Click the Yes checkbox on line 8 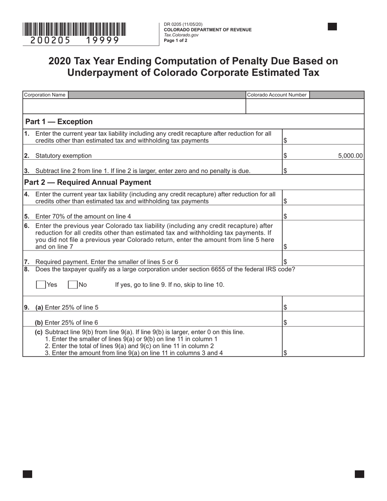pyautogui.click(x=41, y=285)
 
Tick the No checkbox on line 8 pyautogui.click(x=73, y=285)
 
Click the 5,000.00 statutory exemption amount pyautogui.click(x=350, y=156)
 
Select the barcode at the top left pyautogui.click(x=74, y=29)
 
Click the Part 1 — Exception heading pyautogui.click(x=59, y=122)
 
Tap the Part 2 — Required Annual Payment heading pyautogui.click(x=88, y=182)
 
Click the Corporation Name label pyautogui.click(x=45, y=95)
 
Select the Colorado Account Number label pyautogui.click(x=277, y=95)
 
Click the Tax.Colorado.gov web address pyautogui.click(x=181, y=35)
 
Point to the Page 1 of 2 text pyautogui.click(x=176, y=40)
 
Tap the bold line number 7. pyautogui.click(x=26, y=261)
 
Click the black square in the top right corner pyautogui.click(x=332, y=27)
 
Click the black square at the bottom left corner pyautogui.click(x=27, y=474)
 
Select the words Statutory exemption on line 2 pyautogui.click(x=64, y=156)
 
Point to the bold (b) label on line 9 pyautogui.click(x=39, y=322)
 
